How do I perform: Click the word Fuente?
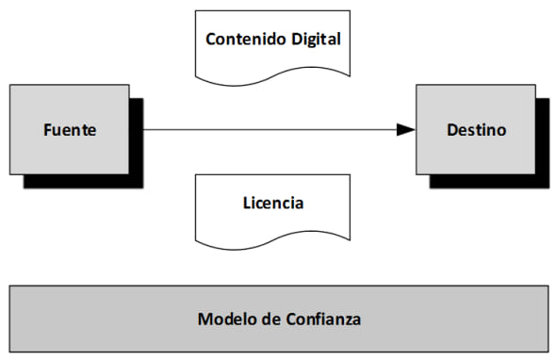click(x=69, y=129)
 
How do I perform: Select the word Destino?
click(x=476, y=129)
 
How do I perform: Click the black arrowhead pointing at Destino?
click(x=405, y=129)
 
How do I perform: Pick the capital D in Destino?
click(x=451, y=129)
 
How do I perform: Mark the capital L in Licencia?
click(x=245, y=202)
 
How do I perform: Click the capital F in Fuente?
click(x=47, y=129)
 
